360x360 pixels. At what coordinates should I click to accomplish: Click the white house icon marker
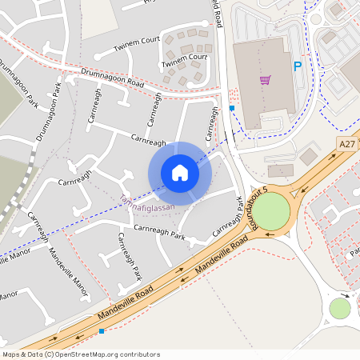tap(180, 173)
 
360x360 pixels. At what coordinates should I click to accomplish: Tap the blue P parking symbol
tap(298, 67)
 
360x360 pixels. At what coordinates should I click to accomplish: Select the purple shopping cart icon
tap(265, 79)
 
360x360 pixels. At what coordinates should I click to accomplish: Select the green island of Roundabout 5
tap(271, 210)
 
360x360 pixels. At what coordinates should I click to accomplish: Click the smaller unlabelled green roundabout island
tap(340, 308)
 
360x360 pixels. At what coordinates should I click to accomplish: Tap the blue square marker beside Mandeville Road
tap(101, 330)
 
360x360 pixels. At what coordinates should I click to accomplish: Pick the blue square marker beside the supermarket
tap(232, 107)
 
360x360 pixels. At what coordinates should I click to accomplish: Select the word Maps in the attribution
tap(11, 354)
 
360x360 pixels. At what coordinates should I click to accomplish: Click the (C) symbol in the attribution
tap(49, 354)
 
